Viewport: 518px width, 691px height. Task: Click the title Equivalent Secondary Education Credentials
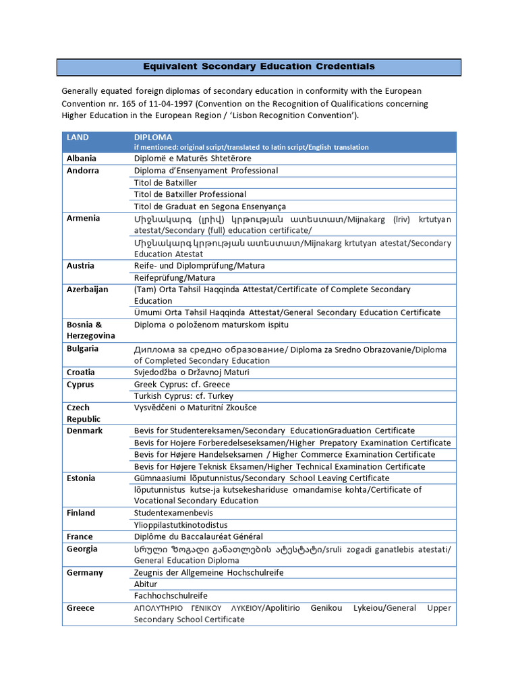point(258,66)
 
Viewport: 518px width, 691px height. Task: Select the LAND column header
point(78,137)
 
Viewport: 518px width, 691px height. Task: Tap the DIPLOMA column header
point(153,137)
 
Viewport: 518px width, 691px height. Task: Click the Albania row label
point(81,159)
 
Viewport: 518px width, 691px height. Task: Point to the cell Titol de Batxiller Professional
point(190,194)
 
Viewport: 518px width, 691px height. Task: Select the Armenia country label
point(83,218)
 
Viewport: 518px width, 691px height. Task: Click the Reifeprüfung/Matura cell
point(175,277)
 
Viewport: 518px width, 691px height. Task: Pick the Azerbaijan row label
point(87,289)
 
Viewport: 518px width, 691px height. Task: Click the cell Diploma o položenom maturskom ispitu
point(211,325)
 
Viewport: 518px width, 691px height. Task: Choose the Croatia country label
point(80,372)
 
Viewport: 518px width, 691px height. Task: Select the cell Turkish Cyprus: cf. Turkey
point(183,396)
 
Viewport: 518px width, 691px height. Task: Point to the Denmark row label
point(84,431)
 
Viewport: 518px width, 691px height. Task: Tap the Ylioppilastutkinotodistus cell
point(181,524)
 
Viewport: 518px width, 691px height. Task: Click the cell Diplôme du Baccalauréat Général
point(198,536)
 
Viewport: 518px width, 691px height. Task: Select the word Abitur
point(146,584)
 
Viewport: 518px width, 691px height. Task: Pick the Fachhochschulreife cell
point(171,596)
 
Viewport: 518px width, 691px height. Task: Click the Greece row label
point(80,608)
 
